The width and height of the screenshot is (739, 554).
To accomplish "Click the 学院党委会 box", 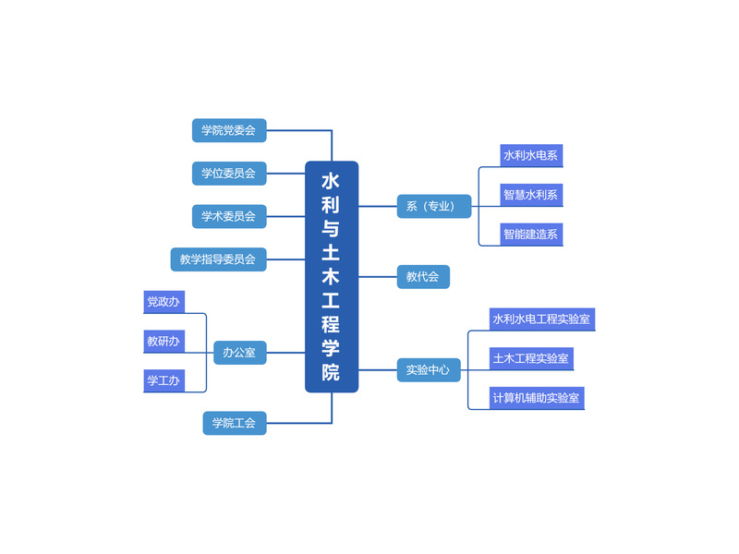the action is pos(229,130).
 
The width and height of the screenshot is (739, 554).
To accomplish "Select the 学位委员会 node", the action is pos(229,174).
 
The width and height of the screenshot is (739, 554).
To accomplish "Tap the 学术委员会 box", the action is pos(229,216).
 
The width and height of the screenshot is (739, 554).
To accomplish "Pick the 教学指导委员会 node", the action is pos(218,259).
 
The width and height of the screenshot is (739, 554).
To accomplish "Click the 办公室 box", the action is pos(240,353).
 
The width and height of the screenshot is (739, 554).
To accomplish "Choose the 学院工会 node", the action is pos(235,423).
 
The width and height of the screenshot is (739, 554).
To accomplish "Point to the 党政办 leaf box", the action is pos(164,302).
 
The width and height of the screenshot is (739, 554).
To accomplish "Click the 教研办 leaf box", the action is pos(164,341).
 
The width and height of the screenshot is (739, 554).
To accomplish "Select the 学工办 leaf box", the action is pos(164,380).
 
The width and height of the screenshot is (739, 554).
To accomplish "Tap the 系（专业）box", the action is pos(434,206).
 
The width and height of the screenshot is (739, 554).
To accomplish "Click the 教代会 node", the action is pos(423,276).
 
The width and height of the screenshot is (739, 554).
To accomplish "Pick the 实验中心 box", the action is pos(429,370).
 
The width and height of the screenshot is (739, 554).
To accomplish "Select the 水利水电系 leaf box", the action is pos(532,155).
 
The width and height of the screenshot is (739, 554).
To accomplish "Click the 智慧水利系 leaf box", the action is pos(532,195).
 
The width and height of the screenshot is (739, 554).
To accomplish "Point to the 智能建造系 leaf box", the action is pos(532,235).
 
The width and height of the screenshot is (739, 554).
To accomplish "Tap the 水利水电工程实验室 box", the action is pos(542,319).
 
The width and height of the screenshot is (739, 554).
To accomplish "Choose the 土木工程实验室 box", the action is pos(532,359).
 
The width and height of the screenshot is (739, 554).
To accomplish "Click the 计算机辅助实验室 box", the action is pos(537,399).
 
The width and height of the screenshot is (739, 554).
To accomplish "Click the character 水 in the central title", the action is pos(331,181).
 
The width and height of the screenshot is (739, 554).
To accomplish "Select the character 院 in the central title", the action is pos(331,372).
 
